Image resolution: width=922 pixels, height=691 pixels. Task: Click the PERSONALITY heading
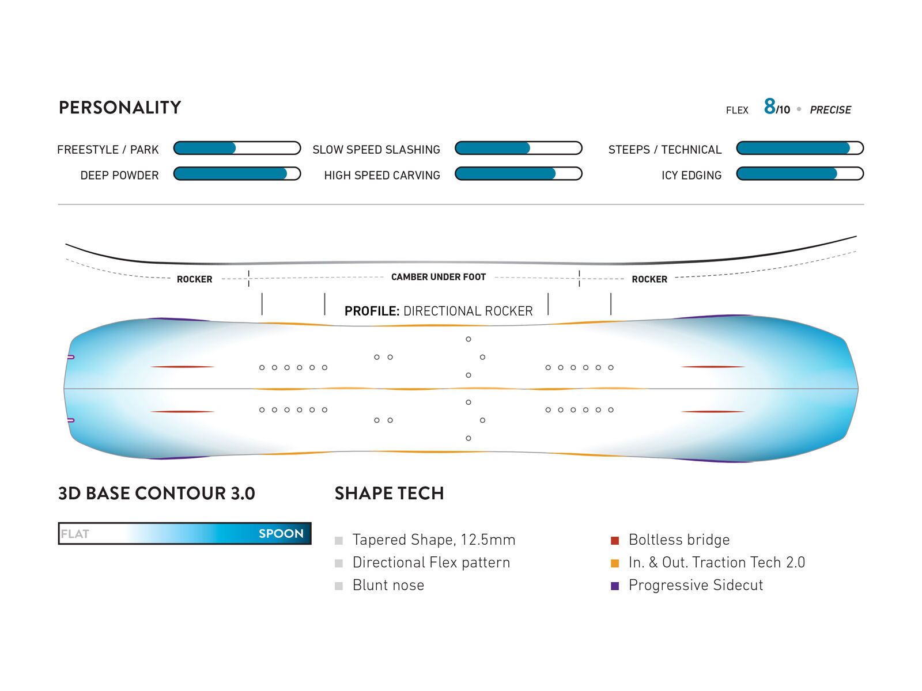(120, 108)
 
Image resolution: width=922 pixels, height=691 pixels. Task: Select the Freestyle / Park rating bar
(237, 149)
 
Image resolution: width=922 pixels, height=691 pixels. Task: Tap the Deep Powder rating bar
(237, 174)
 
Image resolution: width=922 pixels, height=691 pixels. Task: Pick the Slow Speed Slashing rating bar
(518, 149)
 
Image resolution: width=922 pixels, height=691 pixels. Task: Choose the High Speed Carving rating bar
(518, 174)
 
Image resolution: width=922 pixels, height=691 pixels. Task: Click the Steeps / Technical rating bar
(800, 149)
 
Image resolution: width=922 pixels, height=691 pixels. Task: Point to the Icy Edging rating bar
(800, 174)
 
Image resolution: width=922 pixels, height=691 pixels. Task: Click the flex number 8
(769, 107)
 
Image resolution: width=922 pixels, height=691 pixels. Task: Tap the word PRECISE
(830, 110)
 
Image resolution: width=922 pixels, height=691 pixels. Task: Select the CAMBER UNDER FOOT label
(438, 277)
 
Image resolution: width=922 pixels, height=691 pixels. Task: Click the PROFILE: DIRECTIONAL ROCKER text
(439, 311)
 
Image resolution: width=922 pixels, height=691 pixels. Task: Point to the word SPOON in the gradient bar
(281, 534)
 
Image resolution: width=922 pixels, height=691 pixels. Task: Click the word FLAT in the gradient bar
(75, 534)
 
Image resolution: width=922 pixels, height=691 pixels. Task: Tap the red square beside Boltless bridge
(615, 541)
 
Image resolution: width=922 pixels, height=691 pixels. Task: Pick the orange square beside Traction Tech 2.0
(615, 563)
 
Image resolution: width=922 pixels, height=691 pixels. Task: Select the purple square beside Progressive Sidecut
(615, 586)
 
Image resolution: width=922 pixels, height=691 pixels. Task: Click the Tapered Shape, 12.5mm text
(433, 540)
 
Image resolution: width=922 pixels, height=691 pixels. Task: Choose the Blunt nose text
(388, 586)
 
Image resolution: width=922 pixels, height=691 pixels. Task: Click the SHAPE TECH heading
(389, 493)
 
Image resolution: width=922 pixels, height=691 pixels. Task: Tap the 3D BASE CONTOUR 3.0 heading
(156, 493)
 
